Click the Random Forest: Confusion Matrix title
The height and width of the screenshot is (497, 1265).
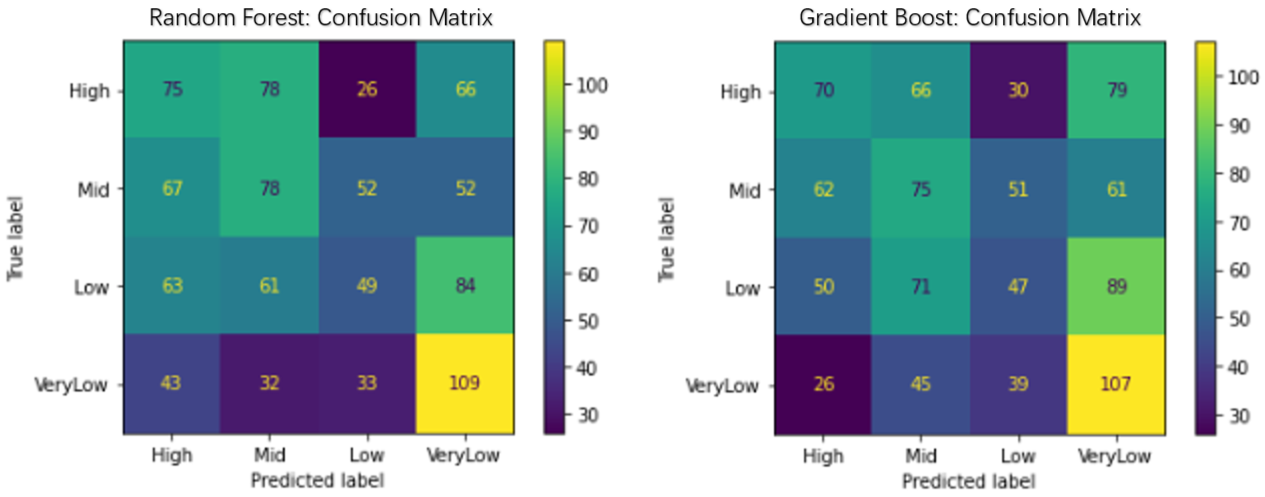point(321,18)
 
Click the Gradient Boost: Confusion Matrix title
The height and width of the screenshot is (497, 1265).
point(970,18)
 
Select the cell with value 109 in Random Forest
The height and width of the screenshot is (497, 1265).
point(465,383)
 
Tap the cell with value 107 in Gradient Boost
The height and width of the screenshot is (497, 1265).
point(1116,384)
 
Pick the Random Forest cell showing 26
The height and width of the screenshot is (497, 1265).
point(367,89)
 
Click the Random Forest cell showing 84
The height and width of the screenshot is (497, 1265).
point(465,285)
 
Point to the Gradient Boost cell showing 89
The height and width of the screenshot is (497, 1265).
point(1116,286)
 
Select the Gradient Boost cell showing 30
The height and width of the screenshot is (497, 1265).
point(1018,90)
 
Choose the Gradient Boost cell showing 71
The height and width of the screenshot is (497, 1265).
point(921,286)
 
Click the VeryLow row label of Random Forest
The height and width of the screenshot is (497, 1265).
point(71,385)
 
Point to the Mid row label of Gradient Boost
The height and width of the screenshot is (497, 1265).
point(745,190)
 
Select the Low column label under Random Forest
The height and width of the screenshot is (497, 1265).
point(367,455)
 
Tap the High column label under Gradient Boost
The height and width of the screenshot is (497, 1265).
point(823,456)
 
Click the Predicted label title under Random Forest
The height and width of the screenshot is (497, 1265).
point(317,480)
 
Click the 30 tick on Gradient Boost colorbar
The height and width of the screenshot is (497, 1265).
point(1238,417)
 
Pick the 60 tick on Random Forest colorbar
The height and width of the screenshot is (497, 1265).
point(588,275)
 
